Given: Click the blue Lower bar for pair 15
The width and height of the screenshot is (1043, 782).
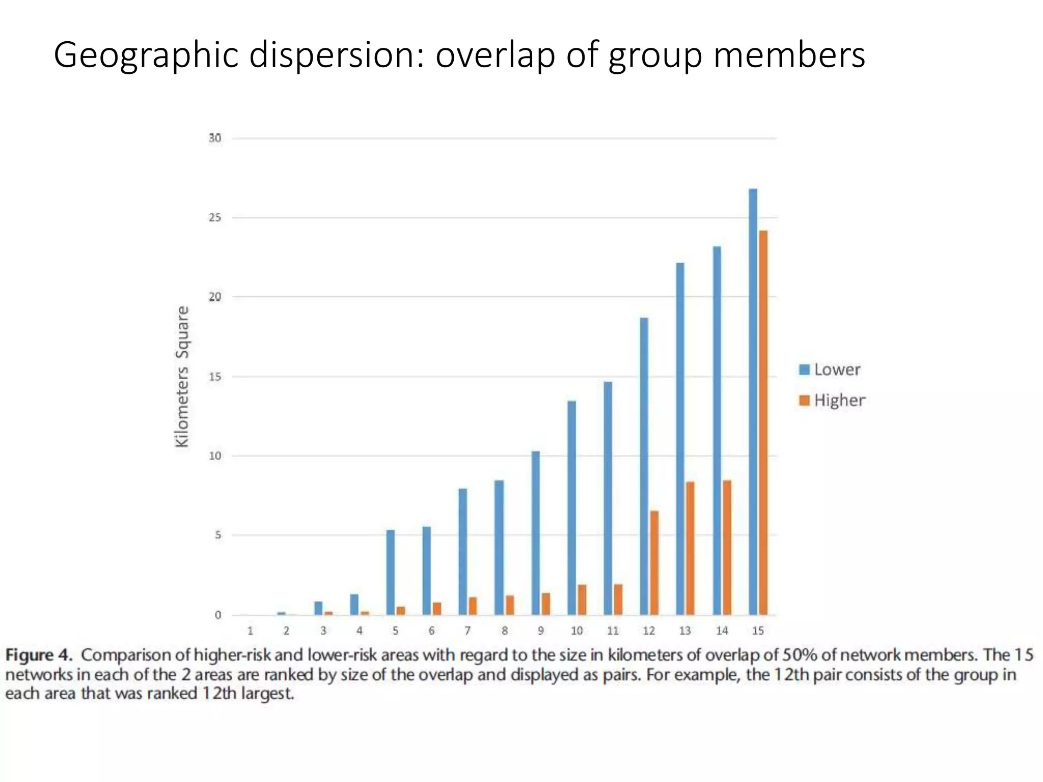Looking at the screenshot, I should click(753, 402).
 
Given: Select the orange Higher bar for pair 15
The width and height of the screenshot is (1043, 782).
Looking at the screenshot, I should click(763, 423).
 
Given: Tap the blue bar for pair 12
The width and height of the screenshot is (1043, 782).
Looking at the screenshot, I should click(644, 466).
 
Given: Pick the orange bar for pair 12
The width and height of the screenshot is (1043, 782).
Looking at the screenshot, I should click(654, 563).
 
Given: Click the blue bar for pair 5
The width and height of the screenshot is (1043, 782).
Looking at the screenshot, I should click(390, 572).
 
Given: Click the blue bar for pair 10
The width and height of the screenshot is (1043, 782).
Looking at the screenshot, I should click(571, 508).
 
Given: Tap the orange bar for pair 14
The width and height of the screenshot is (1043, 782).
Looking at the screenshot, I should click(727, 547).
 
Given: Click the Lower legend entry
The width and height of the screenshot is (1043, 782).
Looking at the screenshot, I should click(830, 370).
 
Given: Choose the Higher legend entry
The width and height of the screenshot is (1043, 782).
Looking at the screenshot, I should click(833, 401).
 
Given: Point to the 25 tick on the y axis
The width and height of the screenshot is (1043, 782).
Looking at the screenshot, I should click(215, 218).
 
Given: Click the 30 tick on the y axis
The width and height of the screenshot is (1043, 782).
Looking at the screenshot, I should click(215, 138).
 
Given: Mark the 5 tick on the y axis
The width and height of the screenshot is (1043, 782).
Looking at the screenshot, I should click(218, 535).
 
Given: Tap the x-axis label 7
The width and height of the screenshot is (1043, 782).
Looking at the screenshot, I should click(468, 631).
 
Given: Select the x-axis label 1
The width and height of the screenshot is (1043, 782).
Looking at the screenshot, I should click(250, 631).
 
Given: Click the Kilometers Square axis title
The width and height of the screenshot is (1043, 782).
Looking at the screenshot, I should click(182, 377).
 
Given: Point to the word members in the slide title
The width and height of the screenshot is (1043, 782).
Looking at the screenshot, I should click(789, 55).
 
